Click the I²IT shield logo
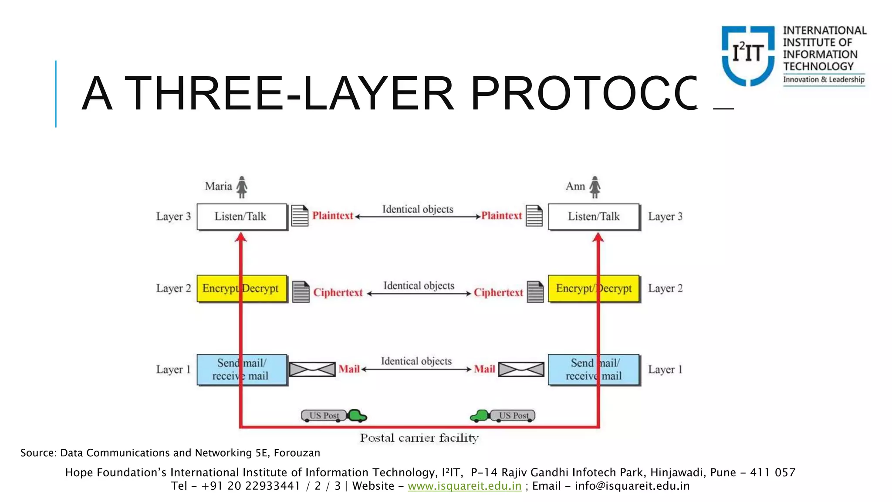click(x=748, y=55)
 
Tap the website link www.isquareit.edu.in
click(x=464, y=486)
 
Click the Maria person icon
click(x=242, y=187)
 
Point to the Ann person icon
click(x=595, y=187)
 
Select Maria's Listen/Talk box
click(x=242, y=217)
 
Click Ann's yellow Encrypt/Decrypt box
click(x=594, y=288)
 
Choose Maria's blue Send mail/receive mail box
click(x=242, y=370)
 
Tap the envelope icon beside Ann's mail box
click(x=521, y=370)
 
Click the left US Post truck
click(x=334, y=416)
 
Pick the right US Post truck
click(x=503, y=416)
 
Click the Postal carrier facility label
click(x=419, y=438)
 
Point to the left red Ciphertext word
click(x=338, y=293)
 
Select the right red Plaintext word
click(x=501, y=216)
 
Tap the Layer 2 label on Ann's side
click(x=665, y=288)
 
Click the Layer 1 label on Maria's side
click(x=173, y=370)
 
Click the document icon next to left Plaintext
click(x=300, y=216)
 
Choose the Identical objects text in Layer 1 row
click(x=416, y=361)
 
